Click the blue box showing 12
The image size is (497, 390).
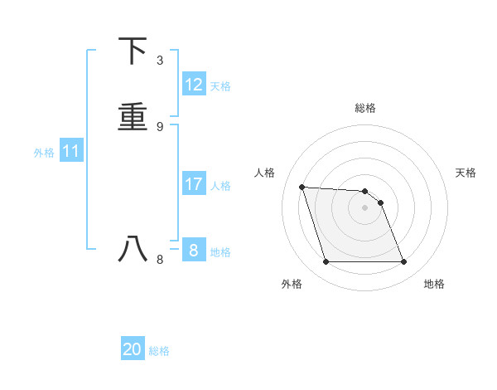pyautogui.click(x=194, y=85)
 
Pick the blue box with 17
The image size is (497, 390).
pyautogui.click(x=194, y=184)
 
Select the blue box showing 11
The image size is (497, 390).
pyautogui.click(x=71, y=151)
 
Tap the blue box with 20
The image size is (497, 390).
pyautogui.click(x=133, y=349)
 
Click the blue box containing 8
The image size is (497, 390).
pyautogui.click(x=194, y=250)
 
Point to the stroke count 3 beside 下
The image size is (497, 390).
pyautogui.click(x=160, y=61)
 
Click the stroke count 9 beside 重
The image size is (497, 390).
pyautogui.click(x=160, y=127)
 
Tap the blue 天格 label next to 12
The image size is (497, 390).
pyautogui.click(x=220, y=86)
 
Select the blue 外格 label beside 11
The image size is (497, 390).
pyautogui.click(x=44, y=153)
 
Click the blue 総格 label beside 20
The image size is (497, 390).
pyautogui.click(x=159, y=351)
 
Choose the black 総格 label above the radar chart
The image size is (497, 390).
pyautogui.click(x=365, y=108)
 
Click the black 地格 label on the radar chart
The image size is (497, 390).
pyautogui.click(x=434, y=285)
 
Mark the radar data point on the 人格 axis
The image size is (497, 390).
pyautogui.click(x=302, y=187)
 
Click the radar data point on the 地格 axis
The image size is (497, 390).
pyautogui.click(x=404, y=262)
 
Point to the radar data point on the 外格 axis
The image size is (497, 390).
pyautogui.click(x=326, y=262)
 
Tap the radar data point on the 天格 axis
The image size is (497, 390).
pyautogui.click(x=380, y=202)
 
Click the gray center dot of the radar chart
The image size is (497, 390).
pyautogui.click(x=365, y=207)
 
